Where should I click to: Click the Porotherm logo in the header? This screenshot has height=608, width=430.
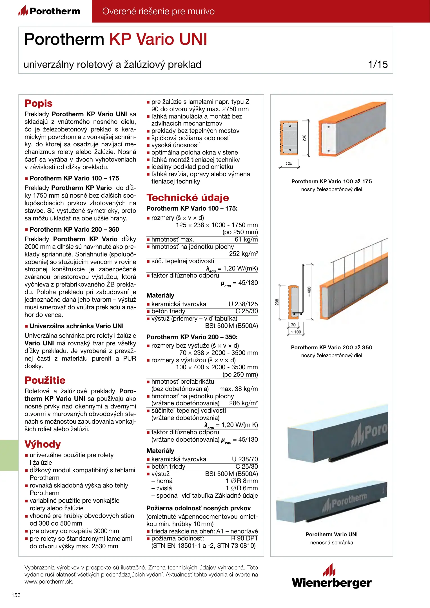point(49,11)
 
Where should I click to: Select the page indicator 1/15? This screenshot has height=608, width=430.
point(378,64)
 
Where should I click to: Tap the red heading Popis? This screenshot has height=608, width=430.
point(39,103)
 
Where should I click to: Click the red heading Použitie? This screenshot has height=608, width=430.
point(45,380)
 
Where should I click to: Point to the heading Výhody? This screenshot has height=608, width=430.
point(43,444)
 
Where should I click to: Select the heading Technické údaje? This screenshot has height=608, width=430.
point(188,198)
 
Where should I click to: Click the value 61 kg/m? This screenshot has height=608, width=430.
point(246,240)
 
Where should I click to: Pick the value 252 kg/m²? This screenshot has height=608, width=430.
point(243,254)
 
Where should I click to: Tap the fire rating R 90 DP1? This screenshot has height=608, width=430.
point(244,538)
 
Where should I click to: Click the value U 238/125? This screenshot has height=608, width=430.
point(243,304)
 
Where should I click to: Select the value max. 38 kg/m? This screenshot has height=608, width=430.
point(238,389)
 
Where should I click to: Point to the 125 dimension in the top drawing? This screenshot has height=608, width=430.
point(289,163)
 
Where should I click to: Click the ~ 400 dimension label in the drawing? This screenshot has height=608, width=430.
point(309,292)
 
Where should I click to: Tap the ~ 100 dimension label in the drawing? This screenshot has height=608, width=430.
point(296,332)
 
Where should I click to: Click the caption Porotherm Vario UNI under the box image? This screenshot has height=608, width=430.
point(331,535)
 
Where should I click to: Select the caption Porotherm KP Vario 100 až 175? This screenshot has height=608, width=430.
point(331,182)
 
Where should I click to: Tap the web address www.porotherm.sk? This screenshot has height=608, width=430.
point(49,582)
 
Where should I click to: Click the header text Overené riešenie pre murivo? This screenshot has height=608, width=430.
point(158,11)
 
